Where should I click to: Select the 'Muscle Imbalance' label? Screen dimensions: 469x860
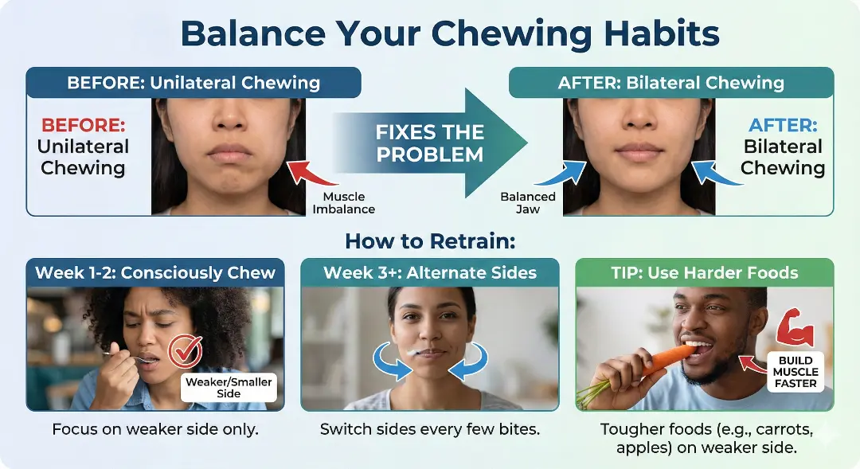[x=343, y=202]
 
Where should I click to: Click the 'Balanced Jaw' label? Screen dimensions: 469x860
[x=527, y=202]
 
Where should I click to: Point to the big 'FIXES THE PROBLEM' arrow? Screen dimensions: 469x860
[x=430, y=143]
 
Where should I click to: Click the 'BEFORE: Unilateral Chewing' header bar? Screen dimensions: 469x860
[x=193, y=83]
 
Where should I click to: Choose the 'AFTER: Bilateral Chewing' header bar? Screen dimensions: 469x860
[x=670, y=83]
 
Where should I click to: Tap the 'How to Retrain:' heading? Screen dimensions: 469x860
[x=429, y=241]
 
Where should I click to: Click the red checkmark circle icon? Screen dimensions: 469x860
[x=186, y=351]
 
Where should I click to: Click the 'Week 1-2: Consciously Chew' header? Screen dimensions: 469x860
[x=155, y=273]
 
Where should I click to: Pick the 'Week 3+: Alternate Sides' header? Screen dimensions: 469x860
[x=430, y=273]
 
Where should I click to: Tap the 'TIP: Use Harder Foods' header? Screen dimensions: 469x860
[x=705, y=273]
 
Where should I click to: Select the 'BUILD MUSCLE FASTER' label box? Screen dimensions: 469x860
[x=796, y=372]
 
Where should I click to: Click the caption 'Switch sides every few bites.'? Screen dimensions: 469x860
[x=430, y=429]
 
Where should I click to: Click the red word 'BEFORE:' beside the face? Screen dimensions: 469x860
[x=83, y=126]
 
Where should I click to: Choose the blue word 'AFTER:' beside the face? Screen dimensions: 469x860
[x=782, y=126]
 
